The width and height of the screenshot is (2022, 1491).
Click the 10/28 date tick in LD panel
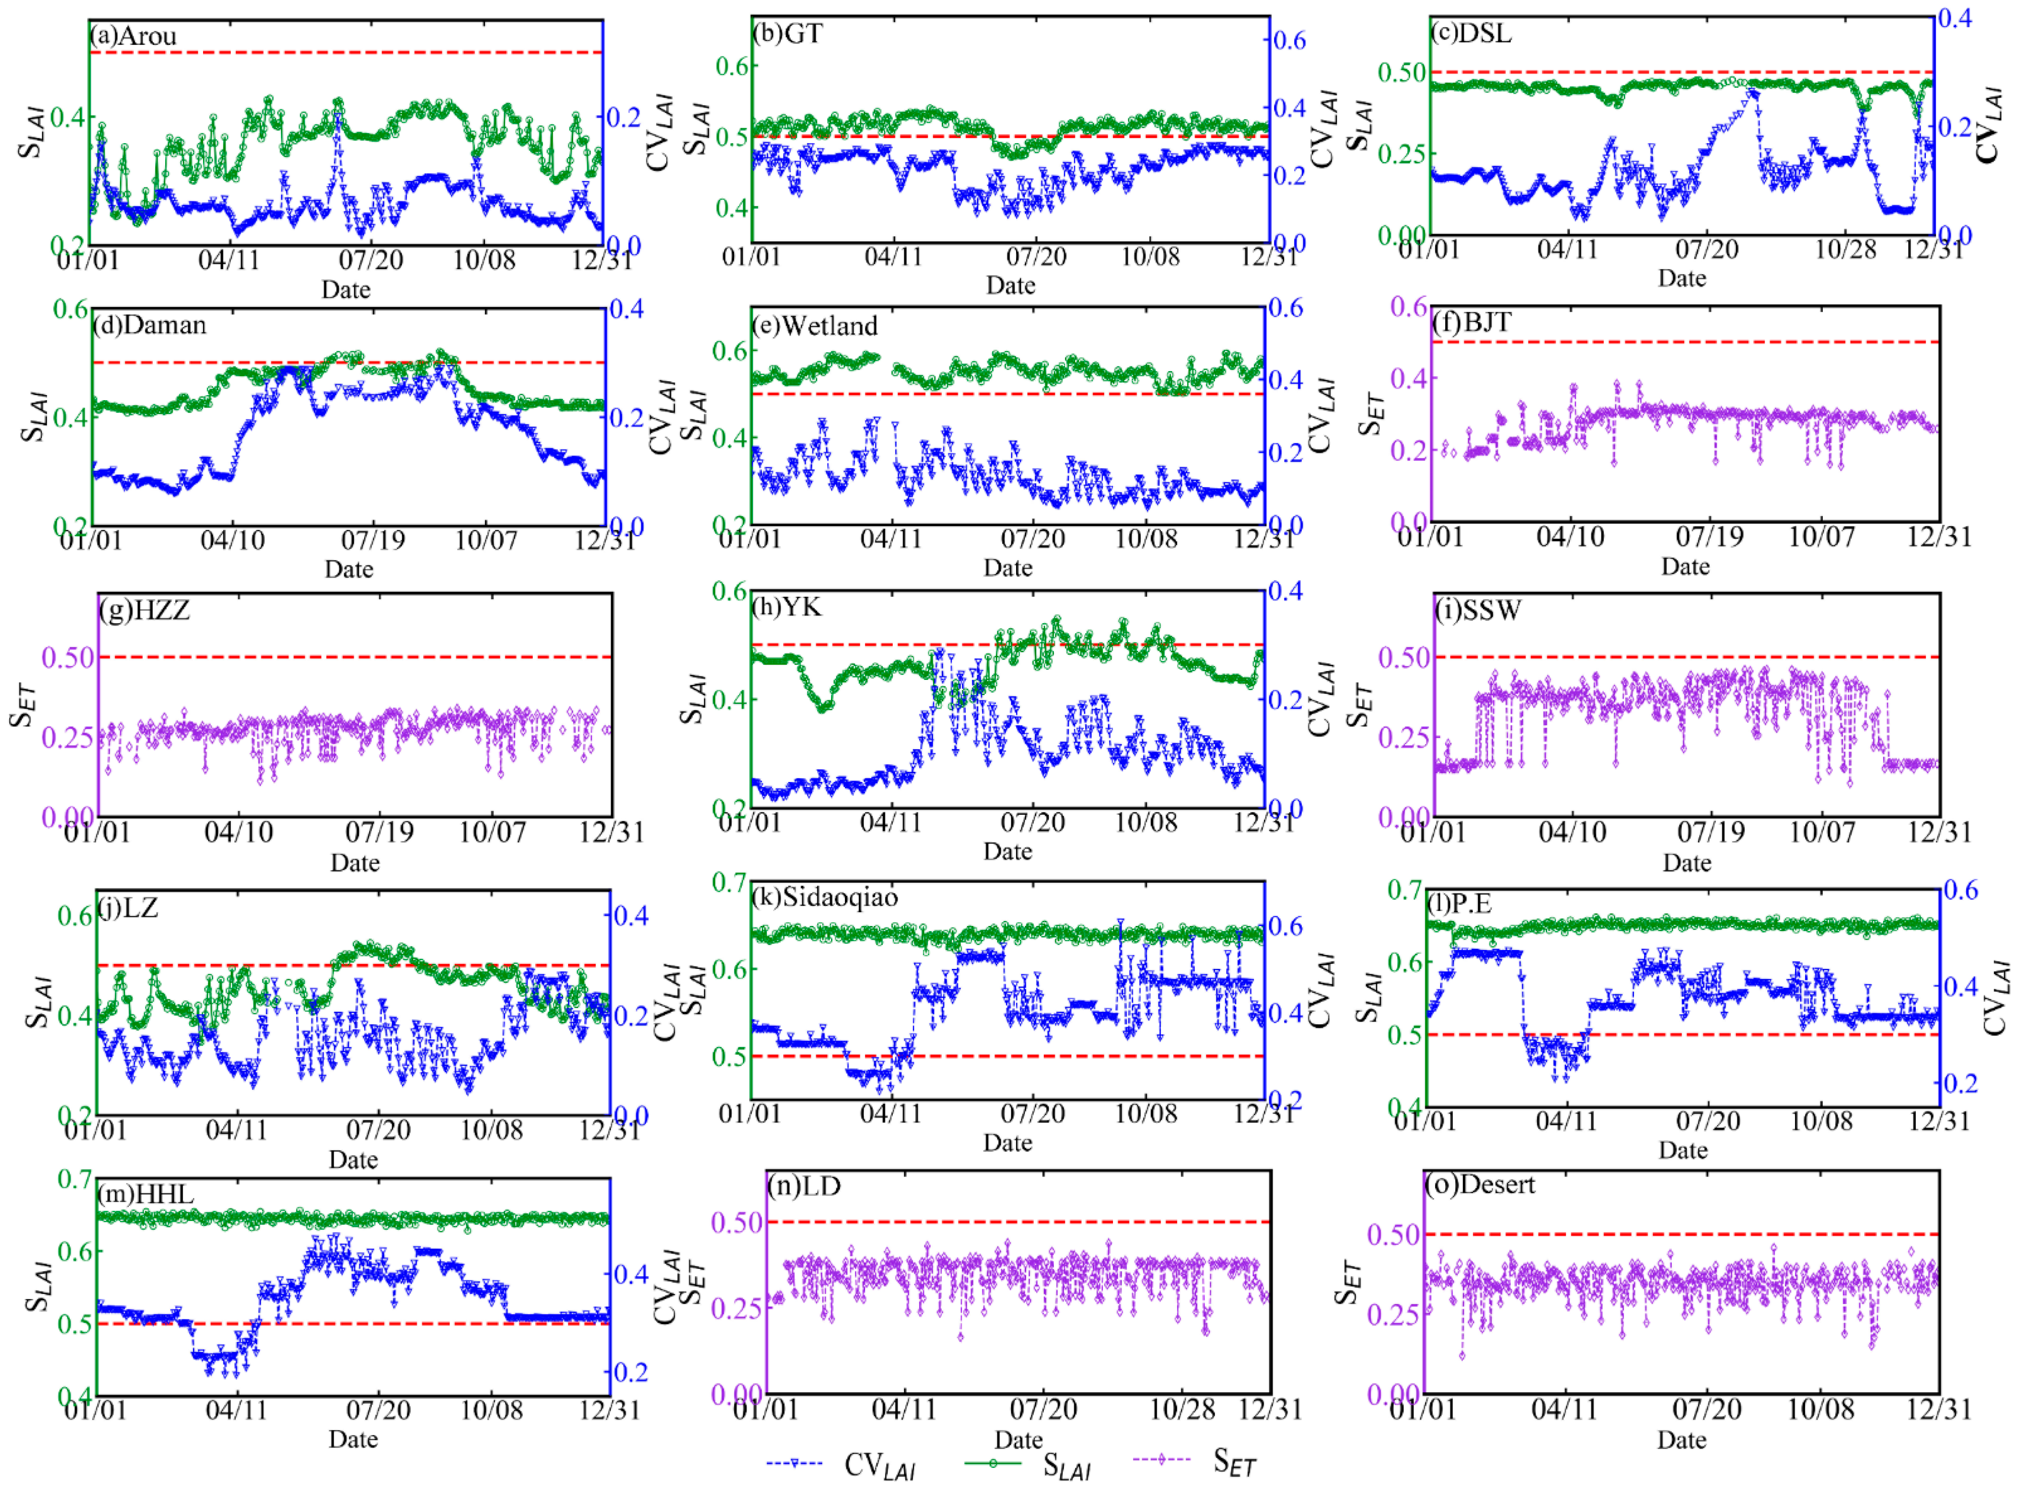(1181, 1409)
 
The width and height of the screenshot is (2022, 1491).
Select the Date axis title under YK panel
(1007, 851)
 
